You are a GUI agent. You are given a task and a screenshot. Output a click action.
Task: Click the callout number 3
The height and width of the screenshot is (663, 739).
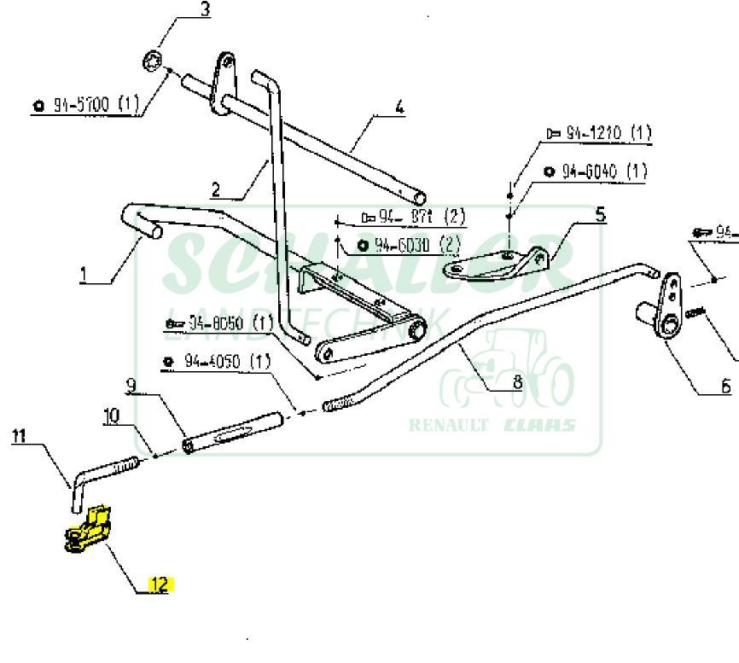click(205, 10)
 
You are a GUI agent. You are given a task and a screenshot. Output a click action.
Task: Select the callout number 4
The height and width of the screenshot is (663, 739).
click(399, 108)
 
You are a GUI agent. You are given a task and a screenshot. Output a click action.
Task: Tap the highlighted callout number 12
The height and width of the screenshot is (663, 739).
click(160, 584)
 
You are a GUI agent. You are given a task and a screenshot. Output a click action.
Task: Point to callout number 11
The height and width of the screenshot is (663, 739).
click(19, 436)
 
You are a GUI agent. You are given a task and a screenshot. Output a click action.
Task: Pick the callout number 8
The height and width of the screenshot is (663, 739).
click(517, 381)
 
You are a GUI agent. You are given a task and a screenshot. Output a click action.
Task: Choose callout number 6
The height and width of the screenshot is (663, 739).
click(726, 386)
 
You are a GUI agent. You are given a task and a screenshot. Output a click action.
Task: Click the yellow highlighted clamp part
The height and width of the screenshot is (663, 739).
click(86, 529)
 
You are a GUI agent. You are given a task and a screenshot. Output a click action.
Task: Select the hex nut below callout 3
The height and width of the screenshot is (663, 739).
click(154, 62)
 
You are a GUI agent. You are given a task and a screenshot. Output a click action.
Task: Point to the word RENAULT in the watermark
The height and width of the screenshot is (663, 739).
click(449, 425)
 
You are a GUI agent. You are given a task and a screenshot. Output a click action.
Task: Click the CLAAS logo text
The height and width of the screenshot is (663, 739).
click(540, 425)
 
